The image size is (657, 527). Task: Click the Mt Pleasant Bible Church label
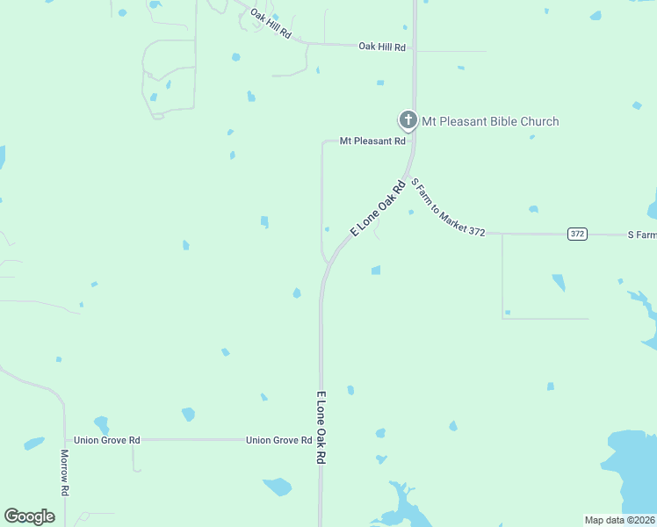pos(490,121)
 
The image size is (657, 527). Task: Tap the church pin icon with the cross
pos(408,119)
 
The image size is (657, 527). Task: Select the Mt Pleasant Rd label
pos(373,141)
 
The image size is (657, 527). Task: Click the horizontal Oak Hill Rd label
pos(382,47)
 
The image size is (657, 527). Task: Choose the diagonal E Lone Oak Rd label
pos(379,208)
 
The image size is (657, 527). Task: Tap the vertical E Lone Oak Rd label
pos(321,428)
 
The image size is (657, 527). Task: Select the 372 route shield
pos(577,234)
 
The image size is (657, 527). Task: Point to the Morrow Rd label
pos(65,472)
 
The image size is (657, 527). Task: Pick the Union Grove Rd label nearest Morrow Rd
pos(107,440)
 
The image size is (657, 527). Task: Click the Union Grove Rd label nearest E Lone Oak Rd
pos(278,440)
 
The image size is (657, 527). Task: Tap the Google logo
pos(29,516)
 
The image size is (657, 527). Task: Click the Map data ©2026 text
pos(619,520)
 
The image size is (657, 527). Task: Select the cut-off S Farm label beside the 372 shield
pos(642,235)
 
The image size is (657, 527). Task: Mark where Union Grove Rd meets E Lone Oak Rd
pos(321,440)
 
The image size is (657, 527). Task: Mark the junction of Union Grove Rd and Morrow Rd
pos(65,440)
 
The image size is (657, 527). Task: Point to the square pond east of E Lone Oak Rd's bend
pos(376,270)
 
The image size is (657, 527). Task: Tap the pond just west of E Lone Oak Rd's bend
pos(297,292)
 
